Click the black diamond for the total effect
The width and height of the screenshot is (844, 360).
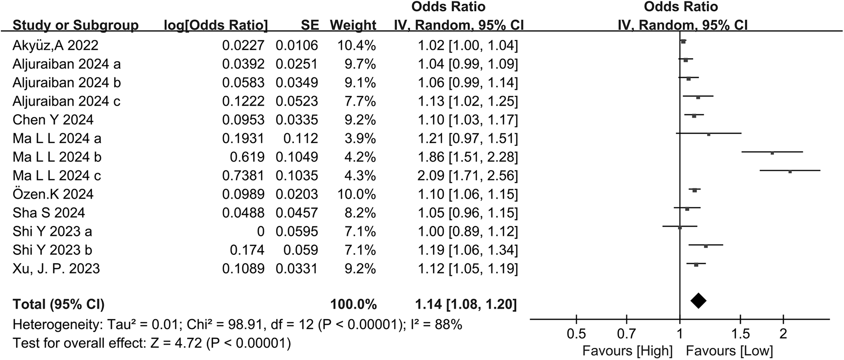click(698, 300)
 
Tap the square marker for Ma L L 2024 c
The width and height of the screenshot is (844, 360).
click(790, 172)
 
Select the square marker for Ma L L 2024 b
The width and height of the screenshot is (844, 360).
click(772, 153)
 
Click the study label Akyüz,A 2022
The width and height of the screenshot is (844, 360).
click(55, 45)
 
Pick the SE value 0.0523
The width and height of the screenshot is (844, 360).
click(297, 101)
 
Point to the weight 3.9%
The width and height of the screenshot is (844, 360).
click(360, 139)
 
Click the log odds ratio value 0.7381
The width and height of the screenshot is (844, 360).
click(243, 175)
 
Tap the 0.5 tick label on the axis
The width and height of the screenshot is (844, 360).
click(576, 334)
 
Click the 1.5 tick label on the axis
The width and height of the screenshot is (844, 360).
click(740, 334)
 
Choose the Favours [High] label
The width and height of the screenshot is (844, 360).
click(627, 350)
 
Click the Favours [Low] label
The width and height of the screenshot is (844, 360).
click(729, 350)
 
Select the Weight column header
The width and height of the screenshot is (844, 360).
click(353, 25)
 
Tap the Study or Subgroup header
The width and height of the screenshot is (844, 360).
click(75, 25)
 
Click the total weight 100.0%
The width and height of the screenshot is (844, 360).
click(354, 305)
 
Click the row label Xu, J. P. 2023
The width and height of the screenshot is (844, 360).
click(56, 269)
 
